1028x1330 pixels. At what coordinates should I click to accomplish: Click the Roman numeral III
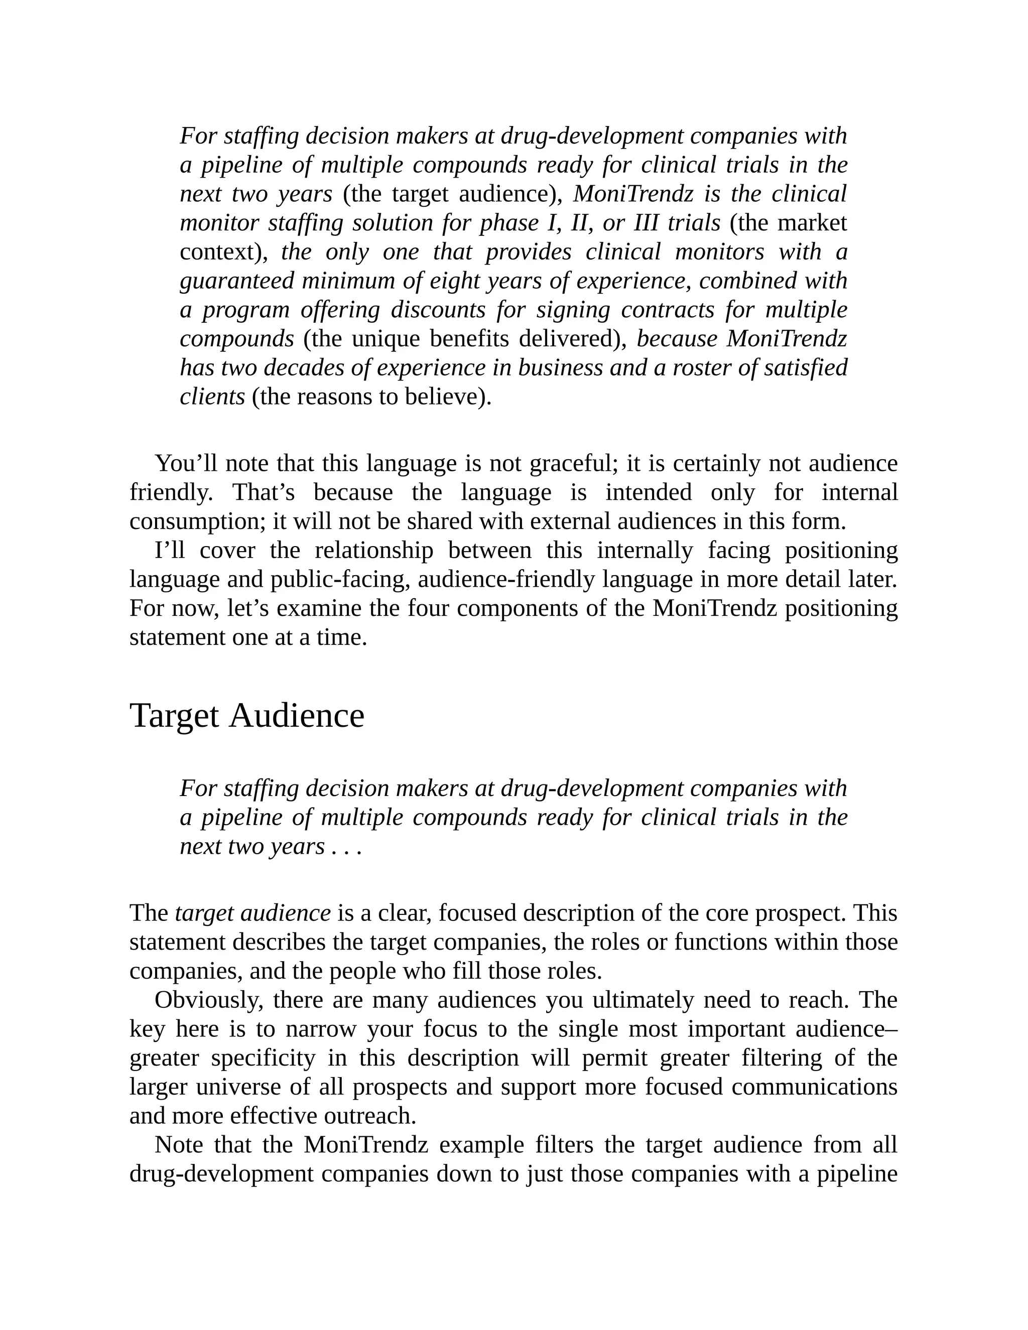point(646,223)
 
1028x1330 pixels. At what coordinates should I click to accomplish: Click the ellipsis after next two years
point(346,847)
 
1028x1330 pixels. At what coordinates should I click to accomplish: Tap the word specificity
point(263,1058)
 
